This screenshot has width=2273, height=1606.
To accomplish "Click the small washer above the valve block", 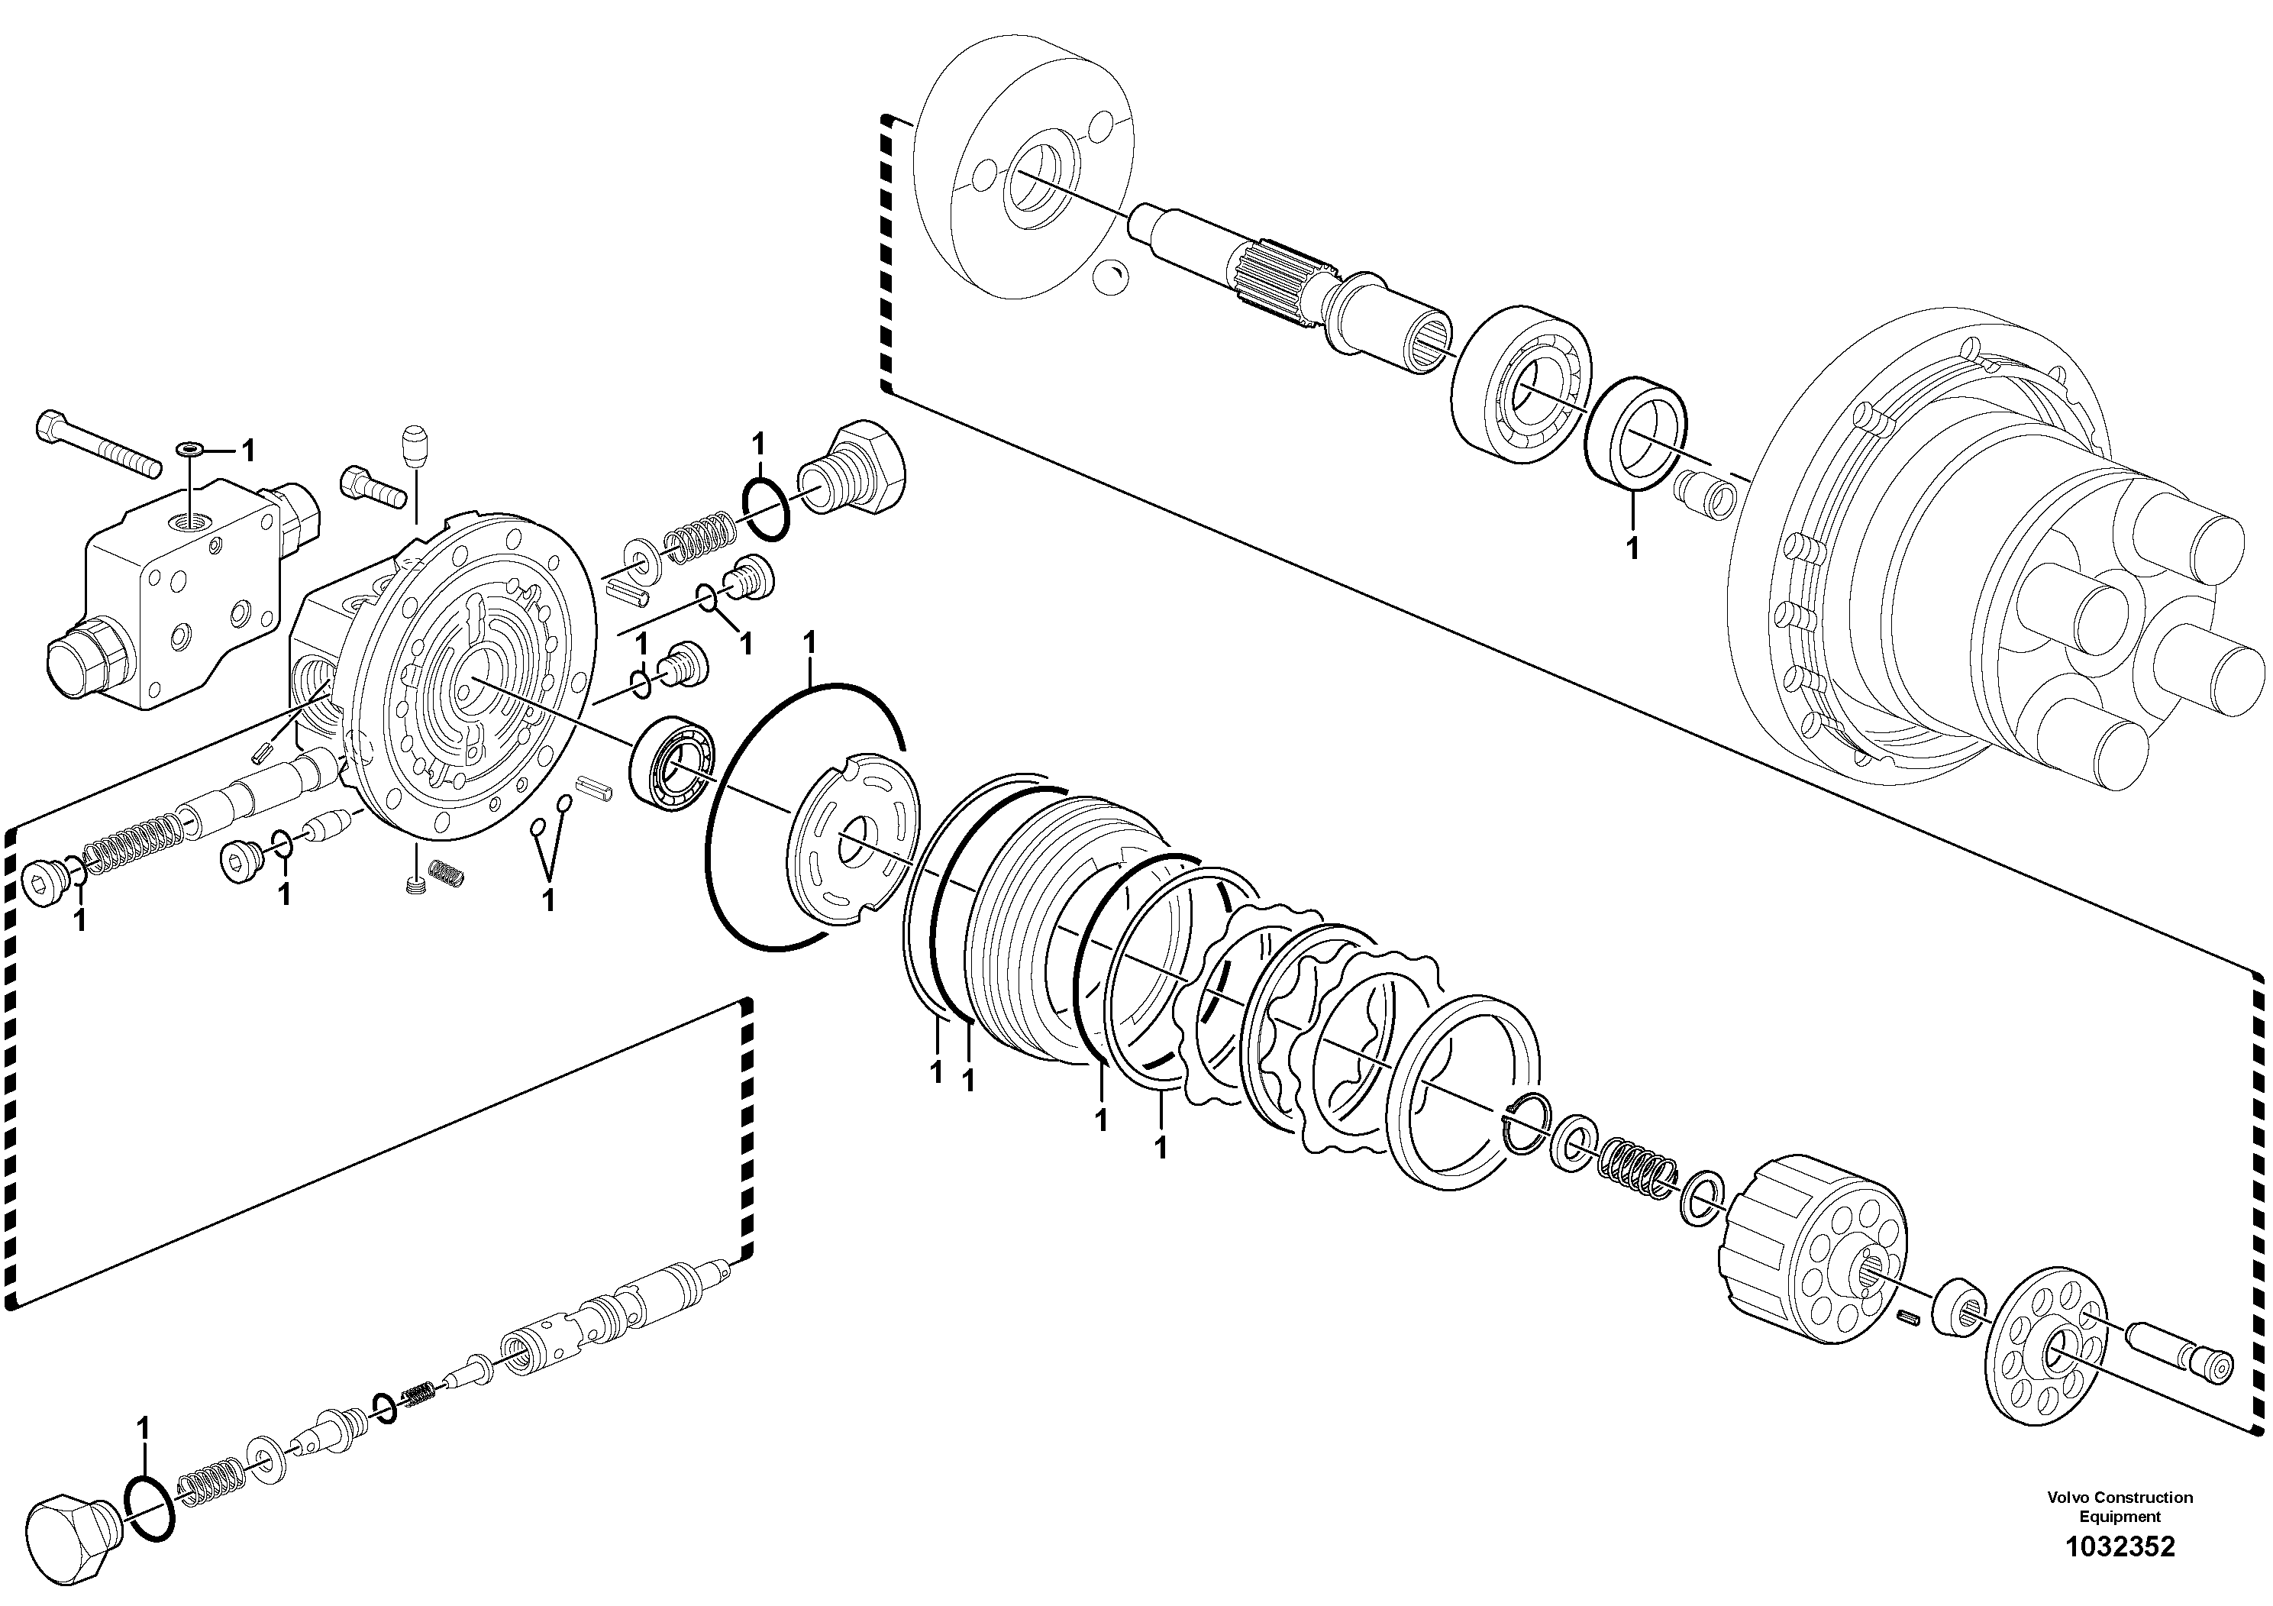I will click(190, 451).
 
